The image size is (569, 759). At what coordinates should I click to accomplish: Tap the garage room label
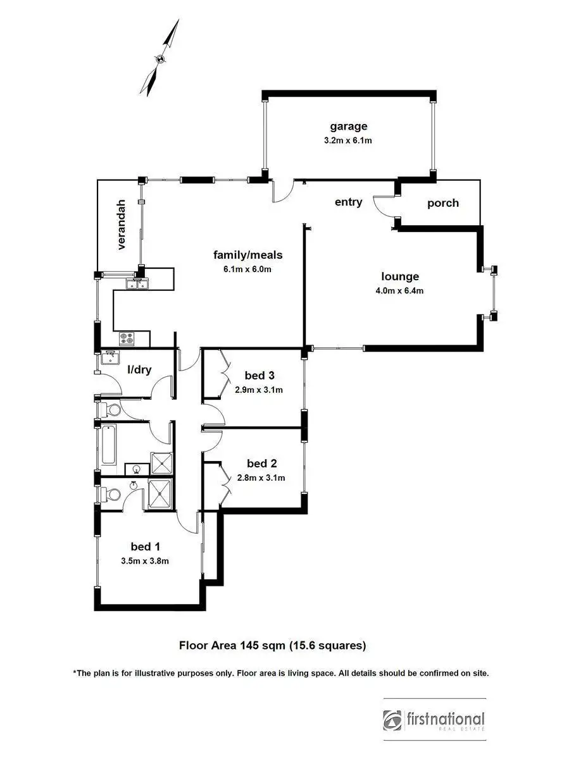pyautogui.click(x=348, y=126)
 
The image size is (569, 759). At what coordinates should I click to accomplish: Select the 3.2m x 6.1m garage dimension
pyautogui.click(x=348, y=140)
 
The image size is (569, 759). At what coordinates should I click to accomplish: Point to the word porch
pyautogui.click(x=442, y=203)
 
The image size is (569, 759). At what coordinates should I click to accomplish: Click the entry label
pyautogui.click(x=348, y=202)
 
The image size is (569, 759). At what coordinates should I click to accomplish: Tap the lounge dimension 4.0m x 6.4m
pyautogui.click(x=399, y=291)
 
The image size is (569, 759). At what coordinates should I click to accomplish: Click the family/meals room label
pyautogui.click(x=247, y=255)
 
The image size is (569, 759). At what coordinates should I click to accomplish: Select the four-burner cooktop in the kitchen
pyautogui.click(x=126, y=339)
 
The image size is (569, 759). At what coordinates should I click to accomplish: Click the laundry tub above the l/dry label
pyautogui.click(x=111, y=359)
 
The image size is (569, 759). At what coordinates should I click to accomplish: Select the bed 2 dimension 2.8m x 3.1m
pyautogui.click(x=261, y=478)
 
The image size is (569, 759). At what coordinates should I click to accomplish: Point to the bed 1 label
pyautogui.click(x=145, y=546)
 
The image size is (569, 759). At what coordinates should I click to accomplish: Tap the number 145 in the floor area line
pyautogui.click(x=248, y=646)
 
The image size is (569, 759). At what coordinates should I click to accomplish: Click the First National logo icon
pyautogui.click(x=392, y=720)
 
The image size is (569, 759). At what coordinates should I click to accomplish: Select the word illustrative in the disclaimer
pyautogui.click(x=179, y=674)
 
